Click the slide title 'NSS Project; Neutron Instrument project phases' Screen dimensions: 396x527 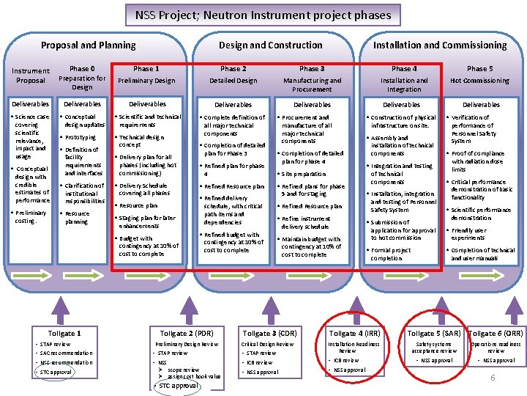point(263,15)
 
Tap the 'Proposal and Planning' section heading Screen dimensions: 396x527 point(88,45)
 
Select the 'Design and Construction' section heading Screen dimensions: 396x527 point(270,45)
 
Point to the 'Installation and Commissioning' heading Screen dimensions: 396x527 point(440,45)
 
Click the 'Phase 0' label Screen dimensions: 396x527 point(82,69)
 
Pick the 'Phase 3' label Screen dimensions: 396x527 point(312,69)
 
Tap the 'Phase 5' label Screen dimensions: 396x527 point(480,69)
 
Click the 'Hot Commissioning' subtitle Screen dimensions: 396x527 point(480,81)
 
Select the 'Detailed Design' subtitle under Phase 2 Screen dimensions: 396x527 point(233,81)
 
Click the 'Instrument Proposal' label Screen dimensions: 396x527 point(31,76)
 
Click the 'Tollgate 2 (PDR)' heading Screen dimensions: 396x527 point(187,334)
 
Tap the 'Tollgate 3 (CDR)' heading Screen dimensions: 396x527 point(269,334)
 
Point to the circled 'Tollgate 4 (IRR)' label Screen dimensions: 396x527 point(354,334)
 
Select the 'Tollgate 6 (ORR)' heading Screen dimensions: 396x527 point(496,334)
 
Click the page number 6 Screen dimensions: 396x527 point(493,378)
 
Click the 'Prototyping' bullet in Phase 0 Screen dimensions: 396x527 point(81,137)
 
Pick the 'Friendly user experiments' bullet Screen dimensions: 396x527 point(469,234)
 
